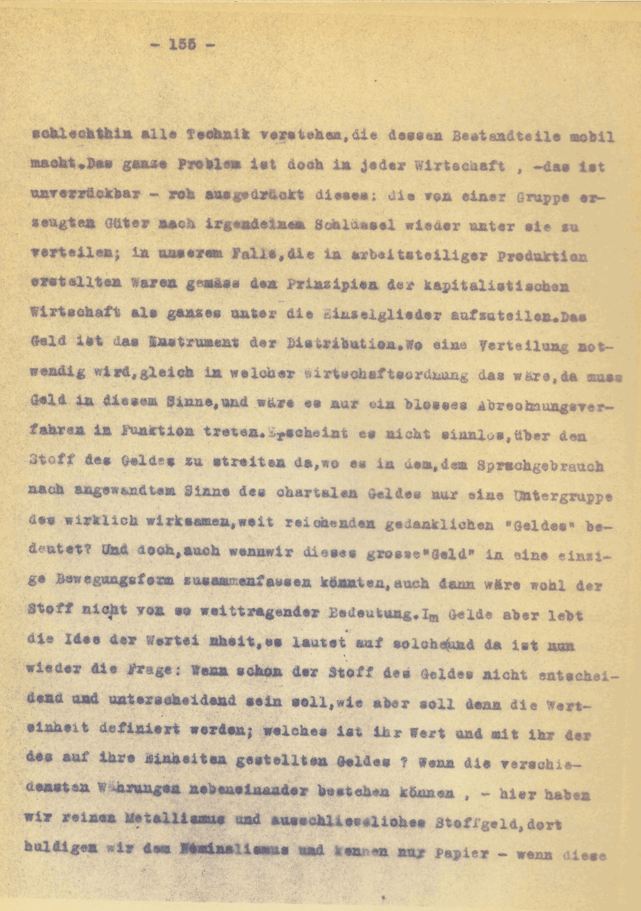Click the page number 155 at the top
coord(183,44)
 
